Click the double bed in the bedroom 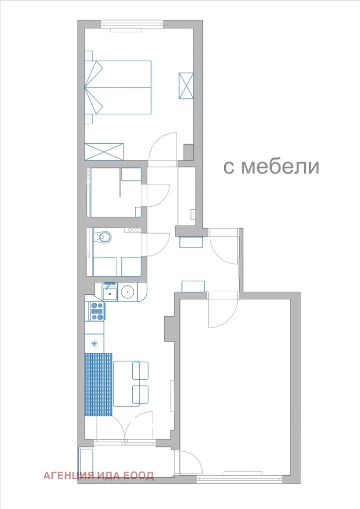[118, 87]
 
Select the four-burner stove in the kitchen [97, 311]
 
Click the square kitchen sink [110, 293]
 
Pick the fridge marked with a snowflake [94, 344]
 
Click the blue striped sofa [98, 385]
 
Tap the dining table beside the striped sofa [126, 383]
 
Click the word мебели [281, 167]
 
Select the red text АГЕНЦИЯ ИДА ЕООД [98, 476]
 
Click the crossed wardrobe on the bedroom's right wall [186, 85]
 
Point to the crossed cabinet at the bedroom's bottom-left [104, 152]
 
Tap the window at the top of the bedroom [132, 24]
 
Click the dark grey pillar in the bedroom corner [188, 152]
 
